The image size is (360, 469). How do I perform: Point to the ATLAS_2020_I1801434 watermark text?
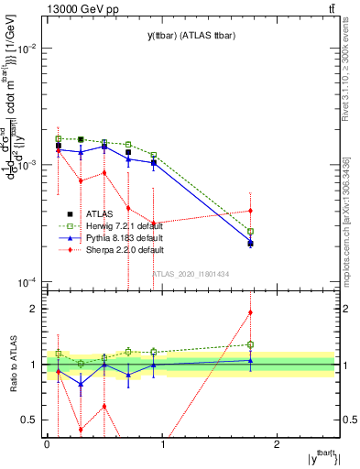point(190,274)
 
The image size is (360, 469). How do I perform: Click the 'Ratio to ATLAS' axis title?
point(12,365)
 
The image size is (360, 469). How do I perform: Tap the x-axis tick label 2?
point(278,445)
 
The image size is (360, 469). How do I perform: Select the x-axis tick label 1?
point(162,445)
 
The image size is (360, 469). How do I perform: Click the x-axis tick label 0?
point(47,445)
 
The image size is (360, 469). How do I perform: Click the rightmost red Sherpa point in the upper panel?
point(250,211)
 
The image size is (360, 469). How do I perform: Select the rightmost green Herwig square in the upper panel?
point(250,232)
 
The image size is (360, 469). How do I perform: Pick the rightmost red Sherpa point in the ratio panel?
point(250,312)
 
